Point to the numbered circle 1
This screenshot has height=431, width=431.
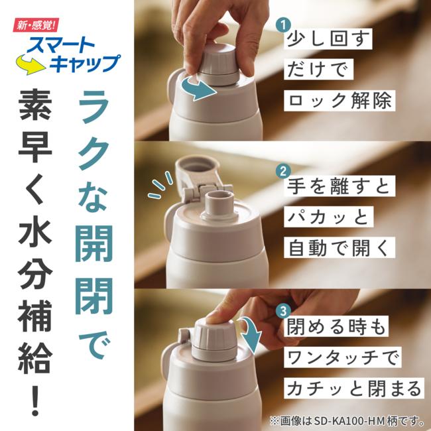click(x=283, y=25)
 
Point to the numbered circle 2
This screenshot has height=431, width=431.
click(x=283, y=170)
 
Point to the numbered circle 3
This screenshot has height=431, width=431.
click(x=283, y=310)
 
